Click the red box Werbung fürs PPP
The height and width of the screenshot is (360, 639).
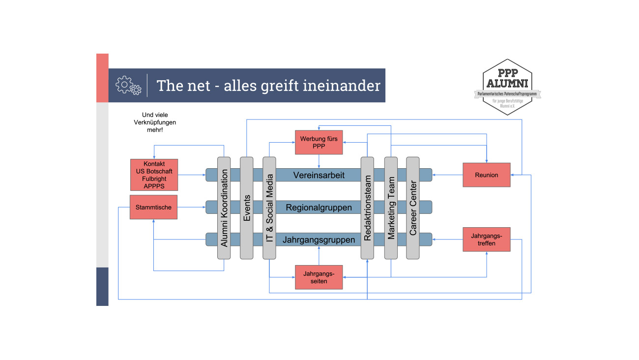pos(319,143)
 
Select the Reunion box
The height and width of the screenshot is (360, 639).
pos(487,175)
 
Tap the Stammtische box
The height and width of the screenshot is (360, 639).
pos(153,207)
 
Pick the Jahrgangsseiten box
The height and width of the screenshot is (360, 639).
pos(319,277)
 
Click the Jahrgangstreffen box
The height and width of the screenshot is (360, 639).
pos(487,240)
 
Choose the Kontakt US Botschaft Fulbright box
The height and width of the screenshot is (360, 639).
pos(154,175)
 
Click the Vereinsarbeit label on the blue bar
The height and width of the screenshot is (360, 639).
pos(319,175)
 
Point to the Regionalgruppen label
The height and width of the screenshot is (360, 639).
pos(319,207)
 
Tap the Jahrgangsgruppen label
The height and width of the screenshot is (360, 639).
pos(319,240)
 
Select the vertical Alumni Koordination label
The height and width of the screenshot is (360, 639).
pos(224,208)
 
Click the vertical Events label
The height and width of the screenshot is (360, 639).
pos(247,208)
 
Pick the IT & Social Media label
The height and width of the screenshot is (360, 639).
pos(269,208)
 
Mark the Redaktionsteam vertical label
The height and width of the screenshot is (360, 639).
pos(368,208)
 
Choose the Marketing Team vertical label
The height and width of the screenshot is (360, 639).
pos(391,208)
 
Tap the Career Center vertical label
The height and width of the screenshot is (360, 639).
pos(413,208)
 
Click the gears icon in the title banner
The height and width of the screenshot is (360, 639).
pos(128,85)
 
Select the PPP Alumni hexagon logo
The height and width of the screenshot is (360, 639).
pos(507,87)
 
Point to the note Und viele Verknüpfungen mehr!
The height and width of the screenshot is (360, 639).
pos(155,122)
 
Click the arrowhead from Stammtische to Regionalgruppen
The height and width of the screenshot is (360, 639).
pos(204,207)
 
